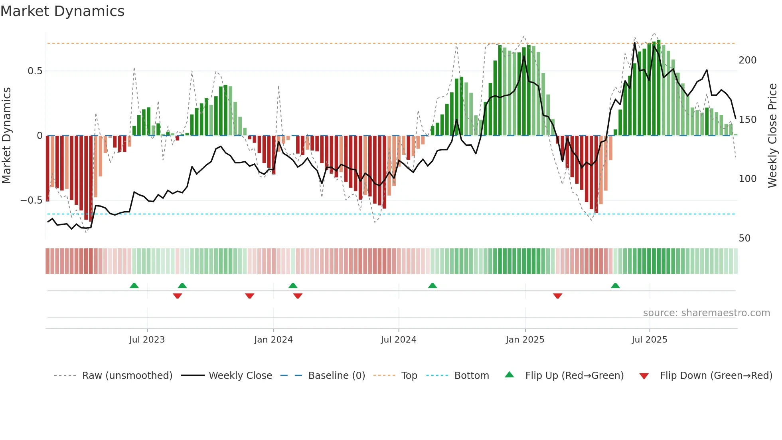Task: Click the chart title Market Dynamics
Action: (63, 11)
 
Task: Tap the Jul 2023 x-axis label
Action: (147, 339)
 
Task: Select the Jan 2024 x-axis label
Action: (273, 339)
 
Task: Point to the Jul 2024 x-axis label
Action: (398, 339)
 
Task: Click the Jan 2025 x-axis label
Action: (525, 339)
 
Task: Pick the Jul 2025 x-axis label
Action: (649, 339)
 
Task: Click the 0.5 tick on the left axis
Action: (35, 71)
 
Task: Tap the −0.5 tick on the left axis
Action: (32, 200)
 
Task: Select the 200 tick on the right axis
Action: (747, 60)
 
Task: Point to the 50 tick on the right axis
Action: (744, 238)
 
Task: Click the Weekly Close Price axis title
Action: (772, 136)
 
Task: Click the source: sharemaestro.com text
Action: (706, 313)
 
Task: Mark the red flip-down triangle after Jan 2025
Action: (557, 295)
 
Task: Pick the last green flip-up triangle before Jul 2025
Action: (615, 285)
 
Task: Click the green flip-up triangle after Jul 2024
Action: (432, 285)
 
